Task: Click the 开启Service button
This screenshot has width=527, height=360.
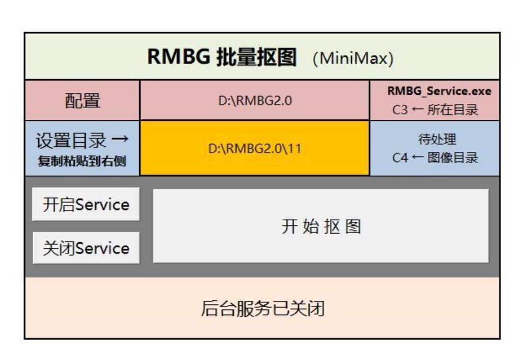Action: pos(86,204)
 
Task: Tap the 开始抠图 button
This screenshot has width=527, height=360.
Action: pos(321,226)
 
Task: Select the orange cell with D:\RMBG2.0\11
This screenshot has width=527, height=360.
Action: pos(255,148)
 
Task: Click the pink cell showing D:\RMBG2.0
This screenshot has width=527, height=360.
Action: pos(255,100)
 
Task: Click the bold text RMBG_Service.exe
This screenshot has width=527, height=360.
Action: pos(439,91)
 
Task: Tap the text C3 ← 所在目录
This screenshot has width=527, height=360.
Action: pos(435,110)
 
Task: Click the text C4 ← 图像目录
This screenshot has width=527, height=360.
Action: pos(435,158)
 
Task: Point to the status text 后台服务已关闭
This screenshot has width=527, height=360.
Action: pos(262,308)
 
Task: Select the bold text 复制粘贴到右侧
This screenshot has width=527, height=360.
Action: pos(82,162)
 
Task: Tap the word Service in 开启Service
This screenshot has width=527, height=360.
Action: pos(102,205)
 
